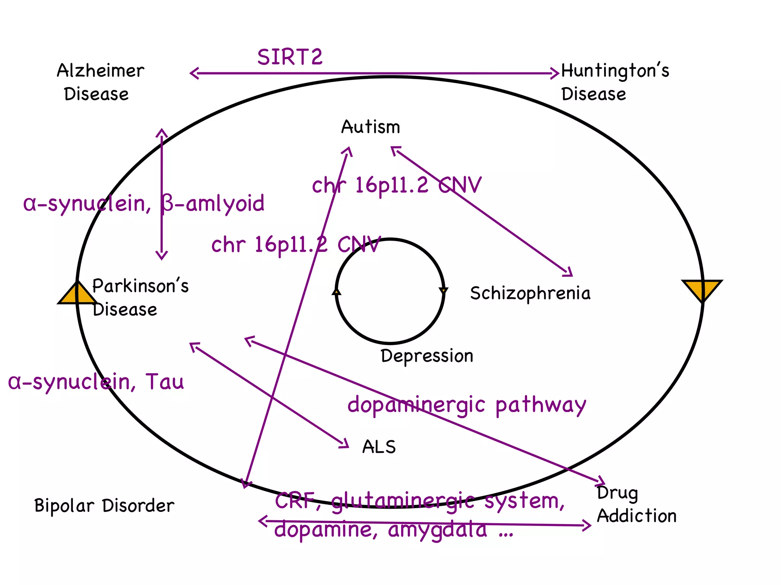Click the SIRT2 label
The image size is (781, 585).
click(x=290, y=57)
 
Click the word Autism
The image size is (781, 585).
click(x=370, y=127)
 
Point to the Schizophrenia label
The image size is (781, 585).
click(x=530, y=293)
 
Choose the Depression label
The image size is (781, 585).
click(x=427, y=356)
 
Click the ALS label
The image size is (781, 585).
click(x=379, y=447)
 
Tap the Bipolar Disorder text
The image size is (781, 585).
click(x=104, y=506)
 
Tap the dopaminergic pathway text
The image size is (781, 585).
click(x=466, y=405)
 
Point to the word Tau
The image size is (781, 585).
click(x=165, y=381)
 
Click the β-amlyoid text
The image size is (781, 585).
click(x=212, y=203)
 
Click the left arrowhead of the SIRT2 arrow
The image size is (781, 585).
click(x=194, y=73)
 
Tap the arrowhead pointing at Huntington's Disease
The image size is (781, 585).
click(x=555, y=73)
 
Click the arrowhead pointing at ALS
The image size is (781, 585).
click(x=345, y=443)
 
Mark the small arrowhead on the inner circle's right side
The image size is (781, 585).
click(x=444, y=291)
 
